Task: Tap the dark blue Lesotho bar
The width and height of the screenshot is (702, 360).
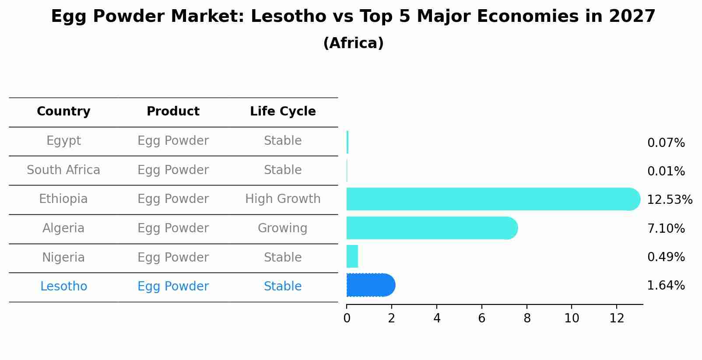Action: click(x=370, y=285)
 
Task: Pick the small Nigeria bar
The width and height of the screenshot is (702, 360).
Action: click(x=352, y=256)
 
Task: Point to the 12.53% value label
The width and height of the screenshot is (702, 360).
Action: click(x=669, y=200)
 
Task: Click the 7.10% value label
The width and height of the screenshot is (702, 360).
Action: click(x=666, y=228)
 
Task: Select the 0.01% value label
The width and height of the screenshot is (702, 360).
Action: click(x=666, y=171)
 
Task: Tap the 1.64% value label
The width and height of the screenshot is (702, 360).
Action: click(x=666, y=286)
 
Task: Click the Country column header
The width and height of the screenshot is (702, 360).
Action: click(x=63, y=112)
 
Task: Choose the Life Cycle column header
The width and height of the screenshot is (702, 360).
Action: click(x=283, y=112)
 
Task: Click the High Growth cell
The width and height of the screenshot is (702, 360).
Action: click(x=283, y=199)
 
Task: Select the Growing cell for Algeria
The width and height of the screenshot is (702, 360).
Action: click(x=283, y=228)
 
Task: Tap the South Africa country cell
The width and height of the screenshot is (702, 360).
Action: click(x=63, y=170)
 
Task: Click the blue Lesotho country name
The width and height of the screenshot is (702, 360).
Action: click(x=63, y=287)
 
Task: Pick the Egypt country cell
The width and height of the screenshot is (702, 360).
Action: click(x=63, y=141)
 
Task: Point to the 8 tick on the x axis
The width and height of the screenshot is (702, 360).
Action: click(x=527, y=318)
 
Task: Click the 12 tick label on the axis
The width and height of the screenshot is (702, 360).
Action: click(x=617, y=318)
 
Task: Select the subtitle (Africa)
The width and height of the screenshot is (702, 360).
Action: click(x=353, y=43)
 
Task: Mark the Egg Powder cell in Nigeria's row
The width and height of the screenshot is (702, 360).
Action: click(x=173, y=258)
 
